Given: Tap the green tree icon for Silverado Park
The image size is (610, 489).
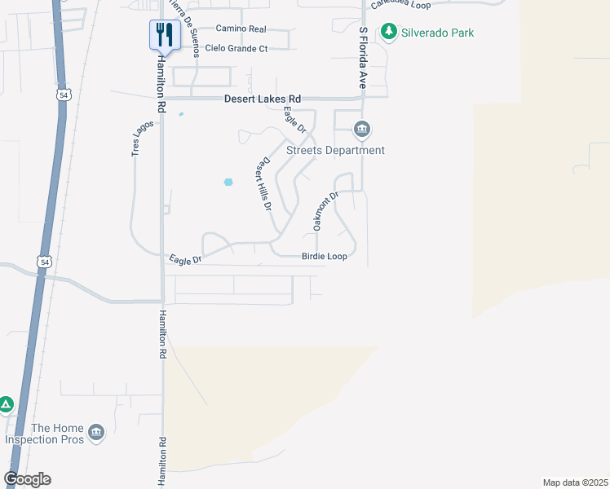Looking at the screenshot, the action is pyautogui.click(x=389, y=33).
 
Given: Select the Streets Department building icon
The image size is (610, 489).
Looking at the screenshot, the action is pyautogui.click(x=361, y=130).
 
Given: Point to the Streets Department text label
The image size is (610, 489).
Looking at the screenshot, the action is pyautogui.click(x=335, y=151).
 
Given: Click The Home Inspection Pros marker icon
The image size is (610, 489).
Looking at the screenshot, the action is pyautogui.click(x=96, y=432).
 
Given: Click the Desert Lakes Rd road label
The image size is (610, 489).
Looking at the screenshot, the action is pyautogui.click(x=263, y=99).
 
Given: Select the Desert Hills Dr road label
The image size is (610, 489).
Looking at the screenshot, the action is pyautogui.click(x=263, y=185).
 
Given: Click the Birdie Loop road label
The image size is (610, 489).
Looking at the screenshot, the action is pyautogui.click(x=325, y=256).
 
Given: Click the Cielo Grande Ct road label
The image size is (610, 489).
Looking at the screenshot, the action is pyautogui.click(x=236, y=49).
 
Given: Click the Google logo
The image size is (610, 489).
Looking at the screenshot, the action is pyautogui.click(x=27, y=479).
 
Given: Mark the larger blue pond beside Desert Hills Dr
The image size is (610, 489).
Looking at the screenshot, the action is pyautogui.click(x=228, y=182).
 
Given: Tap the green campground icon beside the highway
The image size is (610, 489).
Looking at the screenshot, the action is pyautogui.click(x=5, y=404).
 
